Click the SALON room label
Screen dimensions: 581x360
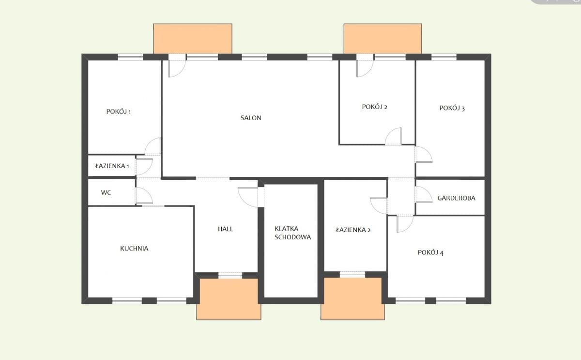click(251, 118)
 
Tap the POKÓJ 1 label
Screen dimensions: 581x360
click(119, 111)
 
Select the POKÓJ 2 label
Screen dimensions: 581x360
click(375, 107)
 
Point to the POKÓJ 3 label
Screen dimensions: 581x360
click(452, 108)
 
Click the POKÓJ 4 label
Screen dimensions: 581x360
click(430, 252)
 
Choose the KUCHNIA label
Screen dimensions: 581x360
click(134, 249)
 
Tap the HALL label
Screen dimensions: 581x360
click(226, 229)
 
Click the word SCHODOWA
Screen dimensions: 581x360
click(292, 237)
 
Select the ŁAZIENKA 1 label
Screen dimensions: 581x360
click(112, 166)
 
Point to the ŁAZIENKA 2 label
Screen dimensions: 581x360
click(353, 230)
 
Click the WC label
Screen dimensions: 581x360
click(106, 192)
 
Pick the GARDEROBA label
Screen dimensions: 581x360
click(456, 198)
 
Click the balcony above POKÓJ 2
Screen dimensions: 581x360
click(383, 39)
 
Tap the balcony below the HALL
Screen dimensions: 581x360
click(229, 299)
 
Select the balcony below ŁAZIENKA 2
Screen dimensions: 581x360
click(353, 298)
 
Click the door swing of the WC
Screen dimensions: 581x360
click(144, 195)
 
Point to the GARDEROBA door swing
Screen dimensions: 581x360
click(424, 194)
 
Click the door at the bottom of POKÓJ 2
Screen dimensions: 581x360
click(393, 136)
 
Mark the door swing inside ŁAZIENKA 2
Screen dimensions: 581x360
click(379, 205)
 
